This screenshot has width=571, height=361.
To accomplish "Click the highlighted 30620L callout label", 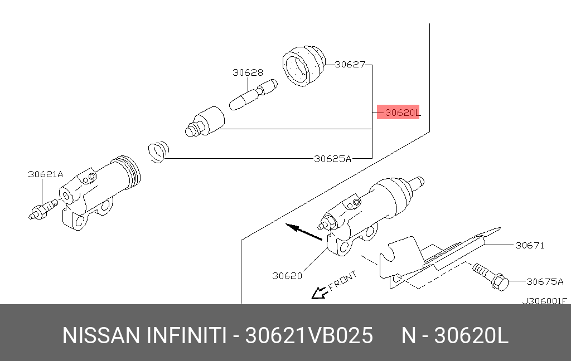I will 398,113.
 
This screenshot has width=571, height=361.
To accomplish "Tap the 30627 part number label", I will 350,65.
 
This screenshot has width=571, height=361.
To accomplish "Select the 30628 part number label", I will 248,72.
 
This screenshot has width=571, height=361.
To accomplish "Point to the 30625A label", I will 332,158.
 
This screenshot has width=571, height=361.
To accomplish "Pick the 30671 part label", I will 529,245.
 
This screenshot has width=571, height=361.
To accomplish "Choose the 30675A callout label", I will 545,281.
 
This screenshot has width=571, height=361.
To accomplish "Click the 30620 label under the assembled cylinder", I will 287,275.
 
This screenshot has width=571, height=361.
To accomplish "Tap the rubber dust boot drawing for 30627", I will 303,67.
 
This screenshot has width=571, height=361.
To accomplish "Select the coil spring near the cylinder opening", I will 158,152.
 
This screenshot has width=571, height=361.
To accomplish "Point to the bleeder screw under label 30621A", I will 42,209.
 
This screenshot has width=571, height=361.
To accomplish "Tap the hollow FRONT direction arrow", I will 318,292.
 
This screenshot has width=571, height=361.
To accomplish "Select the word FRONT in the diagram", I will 342,281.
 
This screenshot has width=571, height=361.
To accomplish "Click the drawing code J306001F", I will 544,301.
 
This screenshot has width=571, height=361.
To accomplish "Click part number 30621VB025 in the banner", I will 309,336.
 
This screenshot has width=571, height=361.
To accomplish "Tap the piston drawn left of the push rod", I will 205,121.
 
